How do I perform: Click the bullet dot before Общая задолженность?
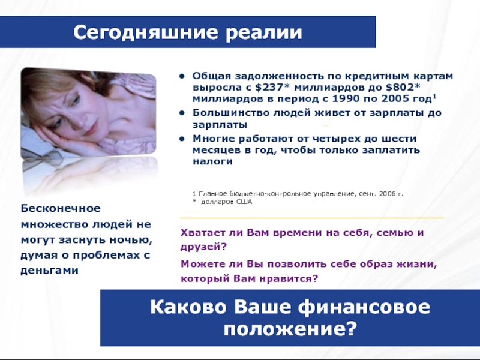(183, 77)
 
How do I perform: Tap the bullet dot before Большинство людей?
(183, 112)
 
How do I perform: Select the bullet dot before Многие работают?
(183, 138)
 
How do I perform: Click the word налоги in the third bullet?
(212, 161)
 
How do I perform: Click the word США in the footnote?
(244, 202)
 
